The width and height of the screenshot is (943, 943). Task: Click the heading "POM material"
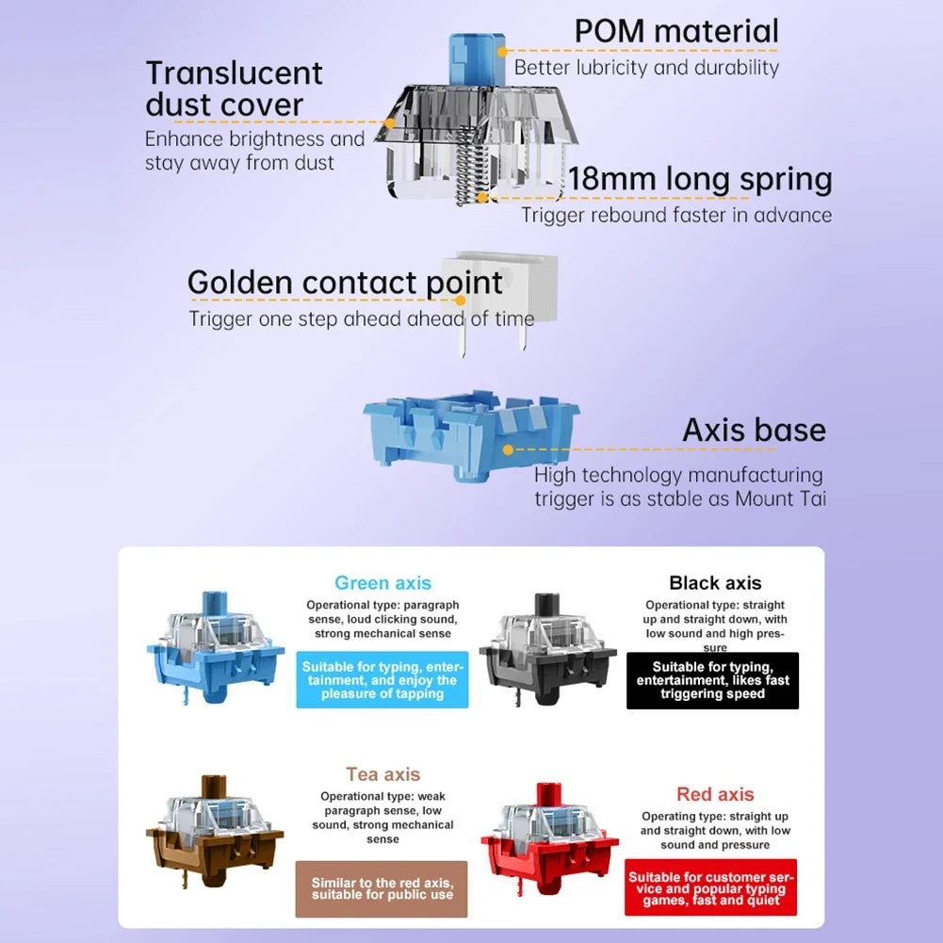tap(676, 31)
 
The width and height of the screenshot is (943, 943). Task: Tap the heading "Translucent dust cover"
tap(234, 89)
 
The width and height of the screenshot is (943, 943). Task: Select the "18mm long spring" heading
tap(700, 179)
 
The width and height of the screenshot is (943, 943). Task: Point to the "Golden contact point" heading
tap(345, 283)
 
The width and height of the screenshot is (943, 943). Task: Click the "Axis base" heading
tap(755, 430)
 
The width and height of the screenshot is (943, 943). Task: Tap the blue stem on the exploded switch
tap(477, 59)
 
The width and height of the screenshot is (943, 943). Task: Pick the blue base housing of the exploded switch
tap(471, 434)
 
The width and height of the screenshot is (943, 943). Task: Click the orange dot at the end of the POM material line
tap(502, 52)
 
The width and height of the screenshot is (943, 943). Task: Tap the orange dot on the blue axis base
tap(508, 449)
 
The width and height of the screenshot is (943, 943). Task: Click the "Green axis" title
tap(382, 583)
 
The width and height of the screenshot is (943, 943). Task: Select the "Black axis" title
tap(715, 583)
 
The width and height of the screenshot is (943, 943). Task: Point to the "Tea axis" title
tap(382, 774)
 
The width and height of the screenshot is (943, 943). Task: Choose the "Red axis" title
tap(715, 794)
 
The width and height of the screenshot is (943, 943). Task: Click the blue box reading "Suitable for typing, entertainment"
tap(382, 679)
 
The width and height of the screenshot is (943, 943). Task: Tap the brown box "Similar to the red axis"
tap(382, 889)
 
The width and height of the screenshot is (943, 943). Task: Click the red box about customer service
tap(711, 887)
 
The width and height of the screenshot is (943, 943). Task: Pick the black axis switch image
tap(548, 649)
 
